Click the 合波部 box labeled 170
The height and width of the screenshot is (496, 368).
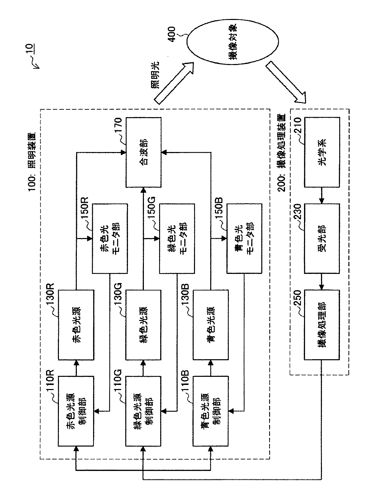tap(144, 152)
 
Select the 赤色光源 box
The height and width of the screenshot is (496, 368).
tap(76, 325)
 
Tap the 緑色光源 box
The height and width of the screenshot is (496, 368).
tap(144, 325)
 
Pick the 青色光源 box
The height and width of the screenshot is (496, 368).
tap(211, 325)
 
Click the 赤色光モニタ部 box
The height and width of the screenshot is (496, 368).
tap(110, 238)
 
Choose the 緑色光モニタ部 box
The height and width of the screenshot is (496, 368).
tap(177, 238)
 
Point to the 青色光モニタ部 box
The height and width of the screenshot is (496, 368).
tap(244, 238)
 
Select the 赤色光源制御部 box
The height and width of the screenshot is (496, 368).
tap(76, 411)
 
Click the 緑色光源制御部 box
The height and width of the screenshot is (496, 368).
tap(144, 411)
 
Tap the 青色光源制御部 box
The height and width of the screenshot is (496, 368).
tap(211, 411)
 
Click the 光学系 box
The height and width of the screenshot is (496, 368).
tap(322, 152)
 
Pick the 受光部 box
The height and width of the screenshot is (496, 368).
tap(322, 238)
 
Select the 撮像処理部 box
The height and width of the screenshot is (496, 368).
tap(322, 325)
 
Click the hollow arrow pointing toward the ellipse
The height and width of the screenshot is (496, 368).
tap(174, 83)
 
